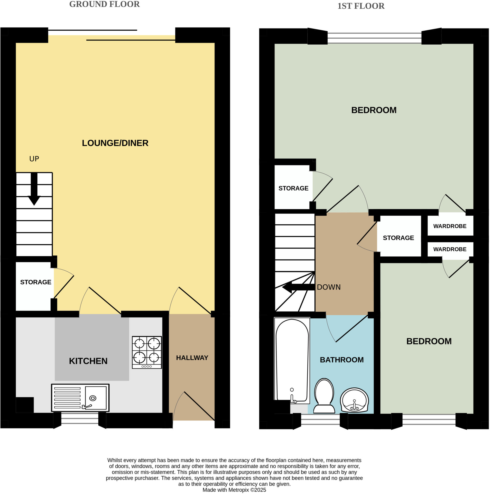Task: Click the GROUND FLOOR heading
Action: pos(105,4)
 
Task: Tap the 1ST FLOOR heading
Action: pos(361,6)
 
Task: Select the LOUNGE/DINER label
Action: pos(115,143)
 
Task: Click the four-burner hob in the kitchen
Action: pos(147,352)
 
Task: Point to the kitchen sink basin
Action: pos(95,398)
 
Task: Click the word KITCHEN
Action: pos(88,361)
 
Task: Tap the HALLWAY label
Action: pos(192,358)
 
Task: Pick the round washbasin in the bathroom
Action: pos(354,400)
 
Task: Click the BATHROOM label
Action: pos(342,360)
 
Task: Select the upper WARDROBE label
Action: pos(450,226)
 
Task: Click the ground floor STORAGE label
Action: pos(36,282)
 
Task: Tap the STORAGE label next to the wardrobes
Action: pos(398,238)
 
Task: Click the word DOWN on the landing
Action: pos(329,287)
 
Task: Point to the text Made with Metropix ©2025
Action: pos(234,490)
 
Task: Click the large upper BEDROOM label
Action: pos(374,110)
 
